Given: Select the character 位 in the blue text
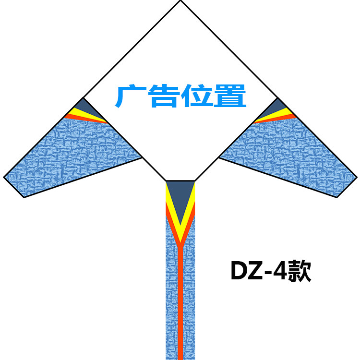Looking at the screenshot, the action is [x=197, y=96].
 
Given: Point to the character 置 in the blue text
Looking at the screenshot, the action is [x=230, y=96].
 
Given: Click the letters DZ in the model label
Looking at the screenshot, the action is [x=245, y=272].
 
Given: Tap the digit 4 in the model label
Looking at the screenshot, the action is [x=278, y=272].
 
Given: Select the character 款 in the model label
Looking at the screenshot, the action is [x=299, y=271].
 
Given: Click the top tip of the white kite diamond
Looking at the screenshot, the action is [x=180, y=1].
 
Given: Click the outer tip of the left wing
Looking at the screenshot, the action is [x=6, y=178].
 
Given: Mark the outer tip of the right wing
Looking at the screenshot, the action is [x=355, y=178].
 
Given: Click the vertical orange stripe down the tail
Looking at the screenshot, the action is [x=180, y=307].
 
